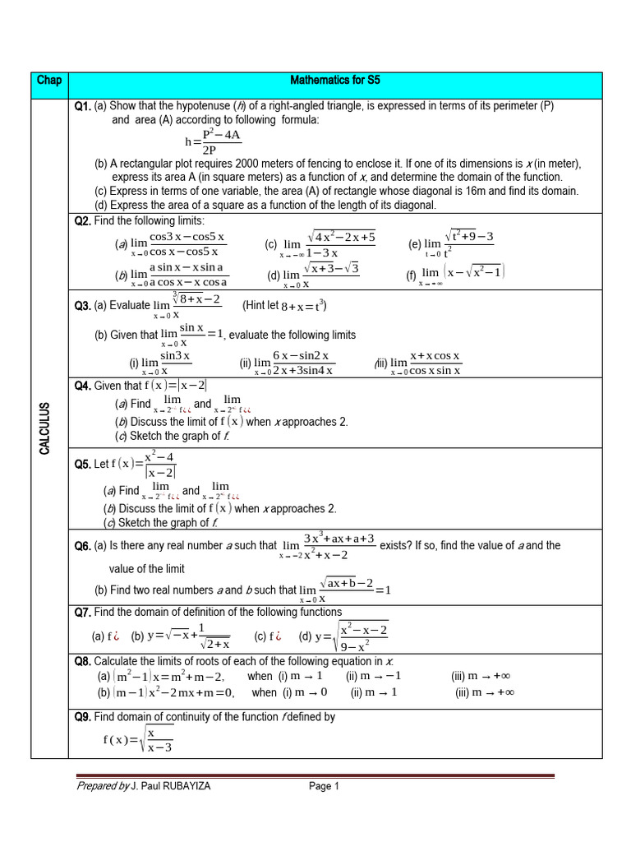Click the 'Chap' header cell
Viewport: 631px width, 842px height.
(49, 81)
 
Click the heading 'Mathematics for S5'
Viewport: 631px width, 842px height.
(335, 81)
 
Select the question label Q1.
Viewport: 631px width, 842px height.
(81, 106)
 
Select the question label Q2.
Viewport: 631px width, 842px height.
(81, 221)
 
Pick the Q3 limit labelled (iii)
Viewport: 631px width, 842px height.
(426, 363)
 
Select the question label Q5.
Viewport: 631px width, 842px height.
(81, 464)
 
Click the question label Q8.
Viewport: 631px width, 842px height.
(81, 661)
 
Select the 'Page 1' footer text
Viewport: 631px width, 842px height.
(325, 786)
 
